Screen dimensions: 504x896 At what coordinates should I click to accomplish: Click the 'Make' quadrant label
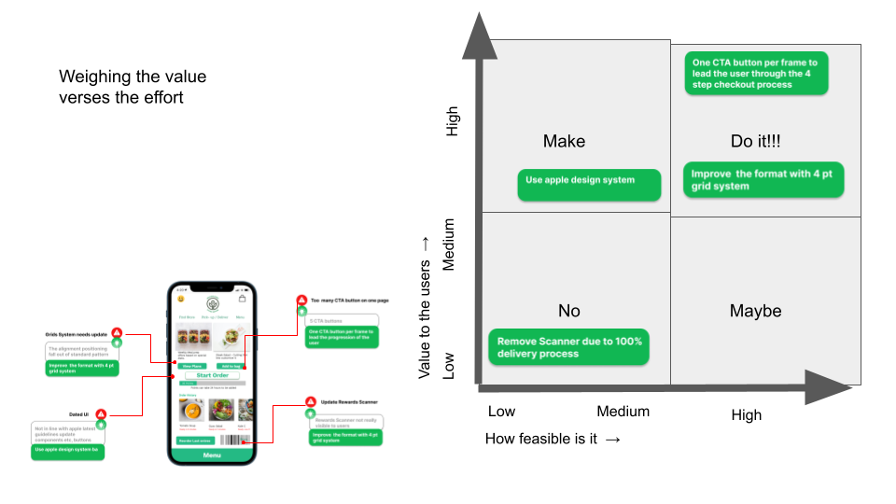coord(564,141)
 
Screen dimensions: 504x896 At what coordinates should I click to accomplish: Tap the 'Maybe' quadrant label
coord(755,311)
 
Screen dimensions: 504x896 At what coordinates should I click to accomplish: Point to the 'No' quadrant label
coord(568,311)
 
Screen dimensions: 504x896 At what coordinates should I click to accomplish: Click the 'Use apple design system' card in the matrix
coord(589,184)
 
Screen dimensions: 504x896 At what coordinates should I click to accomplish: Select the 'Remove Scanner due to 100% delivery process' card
coord(569,347)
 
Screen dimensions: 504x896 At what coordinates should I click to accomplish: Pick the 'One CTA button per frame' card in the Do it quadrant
coord(756,73)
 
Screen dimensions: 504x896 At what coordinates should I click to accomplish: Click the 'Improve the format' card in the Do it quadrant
coord(763,179)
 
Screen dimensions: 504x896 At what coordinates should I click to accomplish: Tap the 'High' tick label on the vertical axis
coord(454,121)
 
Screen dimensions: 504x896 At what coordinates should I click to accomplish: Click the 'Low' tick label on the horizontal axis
coord(501,412)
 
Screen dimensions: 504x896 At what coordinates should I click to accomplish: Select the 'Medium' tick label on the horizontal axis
coord(623,412)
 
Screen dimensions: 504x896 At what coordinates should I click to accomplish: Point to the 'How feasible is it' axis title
coord(553,439)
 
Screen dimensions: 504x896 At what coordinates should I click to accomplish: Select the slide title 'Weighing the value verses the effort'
coord(133,88)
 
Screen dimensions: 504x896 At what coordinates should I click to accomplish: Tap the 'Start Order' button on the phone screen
coord(212,375)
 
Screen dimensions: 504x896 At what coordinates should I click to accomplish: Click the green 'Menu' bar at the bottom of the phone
coord(212,455)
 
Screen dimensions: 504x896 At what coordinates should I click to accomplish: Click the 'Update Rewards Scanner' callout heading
coord(344,402)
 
